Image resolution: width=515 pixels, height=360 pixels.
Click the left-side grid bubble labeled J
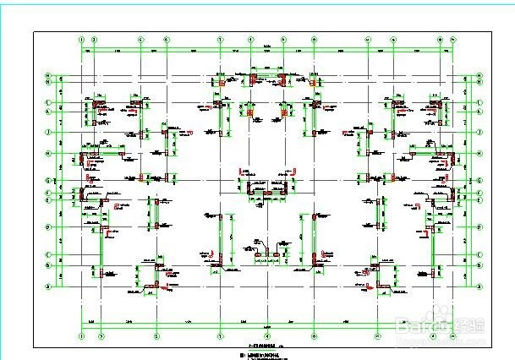coord(48,133)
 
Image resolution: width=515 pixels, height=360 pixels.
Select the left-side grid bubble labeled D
coord(48,227)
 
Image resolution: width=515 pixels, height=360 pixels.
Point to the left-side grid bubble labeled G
coord(48,179)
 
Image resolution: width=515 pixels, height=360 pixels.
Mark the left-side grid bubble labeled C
coord(48,254)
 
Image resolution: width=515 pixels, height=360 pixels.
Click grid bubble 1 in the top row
coord(81,39)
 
